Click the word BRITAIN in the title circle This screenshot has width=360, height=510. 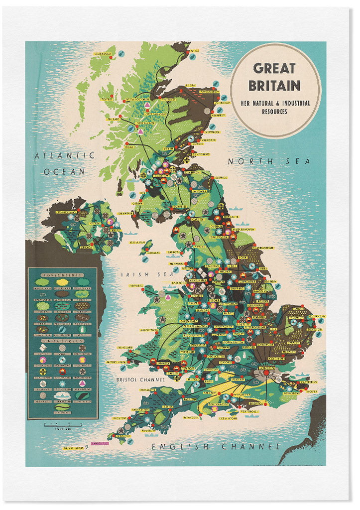coord(274,86)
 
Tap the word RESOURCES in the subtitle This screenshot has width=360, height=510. coord(274,112)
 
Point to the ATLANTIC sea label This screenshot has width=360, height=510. coord(64,155)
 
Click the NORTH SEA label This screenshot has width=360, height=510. coord(269,161)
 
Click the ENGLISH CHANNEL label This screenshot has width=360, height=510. coord(216,446)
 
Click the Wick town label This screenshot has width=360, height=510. coord(194,51)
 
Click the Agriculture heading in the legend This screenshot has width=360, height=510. coord(62,274)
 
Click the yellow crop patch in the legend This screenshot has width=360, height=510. coord(62,282)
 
